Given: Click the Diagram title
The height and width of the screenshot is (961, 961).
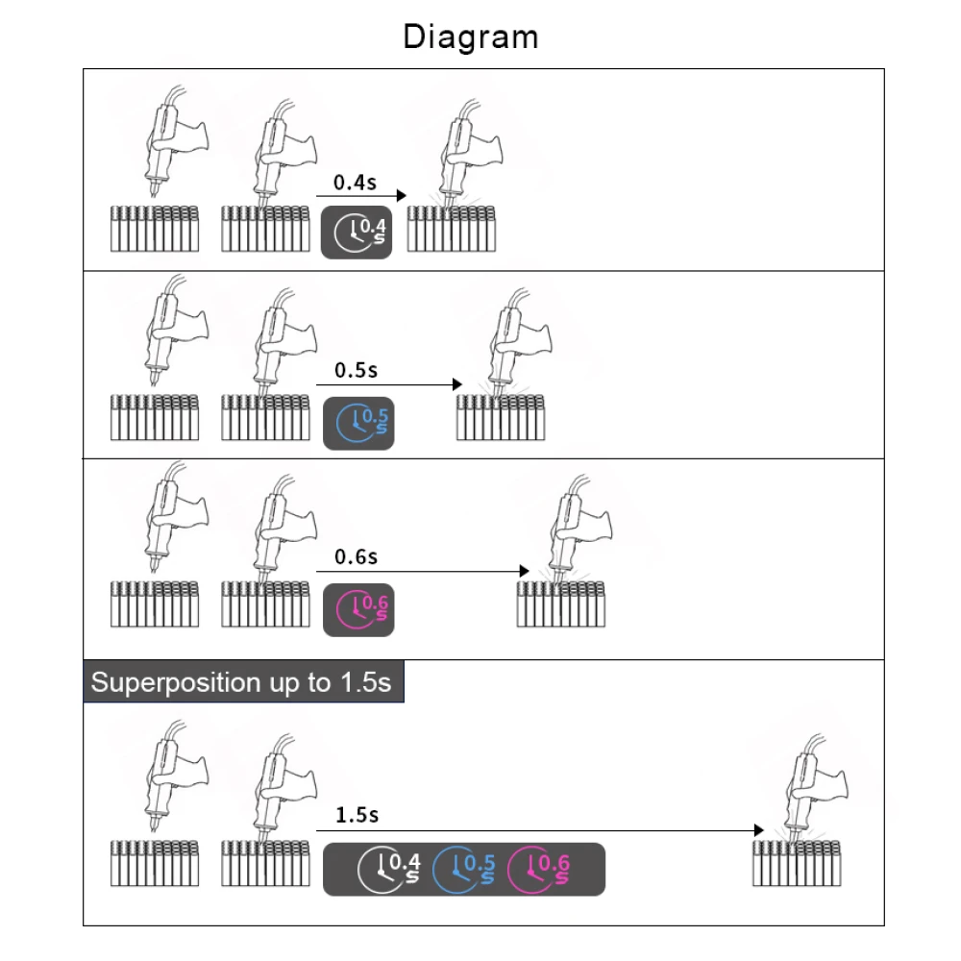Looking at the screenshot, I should tap(471, 37).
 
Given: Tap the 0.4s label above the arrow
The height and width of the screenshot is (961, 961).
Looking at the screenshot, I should tap(355, 182).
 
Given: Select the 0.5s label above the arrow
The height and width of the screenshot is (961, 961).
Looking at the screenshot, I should tap(356, 370).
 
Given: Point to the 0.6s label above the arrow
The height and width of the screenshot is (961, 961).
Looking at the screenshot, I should tap(356, 556).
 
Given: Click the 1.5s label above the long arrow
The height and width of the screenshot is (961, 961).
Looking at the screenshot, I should tap(357, 815).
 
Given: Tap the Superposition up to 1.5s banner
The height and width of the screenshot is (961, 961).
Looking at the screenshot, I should tap(242, 682).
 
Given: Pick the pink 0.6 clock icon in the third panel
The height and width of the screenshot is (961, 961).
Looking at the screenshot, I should tap(357, 608).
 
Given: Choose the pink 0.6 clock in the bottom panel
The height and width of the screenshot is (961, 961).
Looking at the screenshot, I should tap(539, 869).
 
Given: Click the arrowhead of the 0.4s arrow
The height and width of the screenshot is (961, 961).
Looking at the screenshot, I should tap(402, 195).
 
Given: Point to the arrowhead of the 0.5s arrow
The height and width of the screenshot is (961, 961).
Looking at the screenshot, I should tap(457, 384).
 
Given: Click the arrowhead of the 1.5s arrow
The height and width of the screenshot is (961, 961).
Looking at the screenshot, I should tap(758, 830).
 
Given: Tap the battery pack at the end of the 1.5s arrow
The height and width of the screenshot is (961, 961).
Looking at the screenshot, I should tap(797, 863).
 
